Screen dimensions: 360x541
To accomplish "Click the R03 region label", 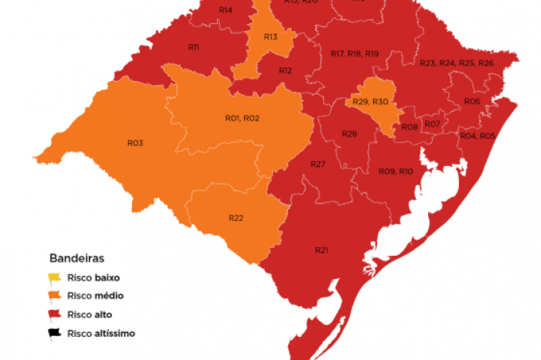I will pyautogui.click(x=135, y=143).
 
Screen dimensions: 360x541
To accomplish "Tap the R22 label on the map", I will pyautogui.click(x=236, y=218).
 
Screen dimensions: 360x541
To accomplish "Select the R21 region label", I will pyautogui.click(x=322, y=250).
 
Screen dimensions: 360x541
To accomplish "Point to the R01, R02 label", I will pyautogui.click(x=242, y=118).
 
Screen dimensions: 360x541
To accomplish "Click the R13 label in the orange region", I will pyautogui.click(x=270, y=37).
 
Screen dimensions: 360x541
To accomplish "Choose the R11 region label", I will pyautogui.click(x=194, y=48).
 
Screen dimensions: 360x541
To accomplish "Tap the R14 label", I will pyautogui.click(x=226, y=10).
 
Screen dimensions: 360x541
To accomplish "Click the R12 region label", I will pyautogui.click(x=285, y=70).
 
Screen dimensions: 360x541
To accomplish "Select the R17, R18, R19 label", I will pyautogui.click(x=354, y=53).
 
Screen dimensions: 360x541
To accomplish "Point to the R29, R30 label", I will pyautogui.click(x=370, y=102).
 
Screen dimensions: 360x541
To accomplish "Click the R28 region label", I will pyautogui.click(x=349, y=134).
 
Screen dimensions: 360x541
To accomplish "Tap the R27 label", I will pyautogui.click(x=318, y=165).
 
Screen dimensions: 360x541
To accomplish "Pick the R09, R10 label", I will pyautogui.click(x=396, y=171).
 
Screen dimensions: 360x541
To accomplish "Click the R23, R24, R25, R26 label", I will pyautogui.click(x=456, y=63).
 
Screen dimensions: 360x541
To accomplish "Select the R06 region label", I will pyautogui.click(x=472, y=102).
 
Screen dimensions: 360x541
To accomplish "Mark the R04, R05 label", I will pyautogui.click(x=477, y=136).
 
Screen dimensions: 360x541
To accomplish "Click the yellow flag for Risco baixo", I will pyautogui.click(x=55, y=277).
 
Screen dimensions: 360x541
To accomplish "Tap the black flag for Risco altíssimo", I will pyautogui.click(x=55, y=334).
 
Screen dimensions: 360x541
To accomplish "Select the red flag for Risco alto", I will pyautogui.click(x=55, y=314).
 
